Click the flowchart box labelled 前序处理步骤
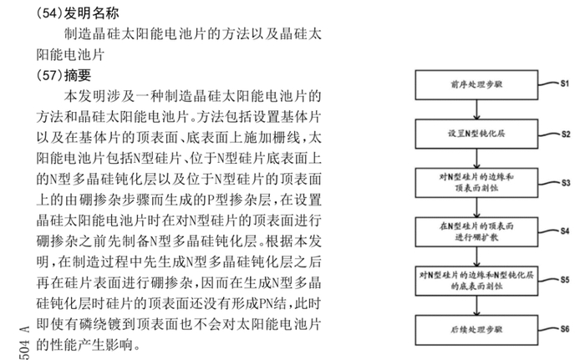(x=476, y=84)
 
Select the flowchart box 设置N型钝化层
(x=476, y=134)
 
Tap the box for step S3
(x=476, y=183)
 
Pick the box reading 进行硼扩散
(x=476, y=231)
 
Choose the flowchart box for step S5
(x=476, y=281)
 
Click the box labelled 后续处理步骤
(x=476, y=330)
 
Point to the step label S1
(x=564, y=84)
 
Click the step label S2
(x=566, y=134)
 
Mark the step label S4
(x=564, y=231)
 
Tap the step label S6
(x=565, y=329)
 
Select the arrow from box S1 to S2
(x=476, y=109)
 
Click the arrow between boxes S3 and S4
(x=476, y=207)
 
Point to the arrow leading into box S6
(x=476, y=306)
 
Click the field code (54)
(x=49, y=13)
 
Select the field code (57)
(x=49, y=76)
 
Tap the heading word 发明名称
(x=91, y=13)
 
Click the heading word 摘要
(x=78, y=76)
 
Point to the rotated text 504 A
(x=24, y=343)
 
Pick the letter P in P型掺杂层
(x=211, y=200)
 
